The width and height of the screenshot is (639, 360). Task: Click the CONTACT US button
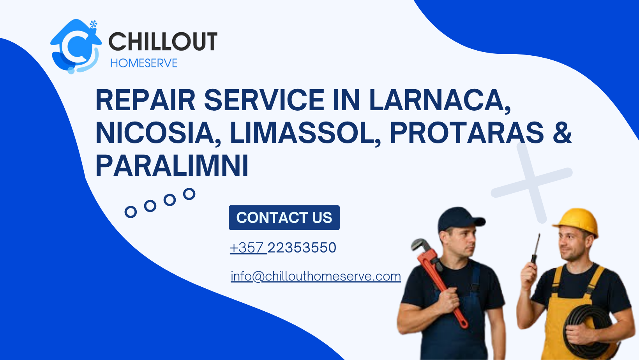pyautogui.click(x=284, y=217)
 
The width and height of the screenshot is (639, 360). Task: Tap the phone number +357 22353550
pyautogui.click(x=283, y=248)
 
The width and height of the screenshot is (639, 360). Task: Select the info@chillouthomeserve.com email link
pyautogui.click(x=316, y=276)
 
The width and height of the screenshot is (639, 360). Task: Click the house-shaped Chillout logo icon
pyautogui.click(x=75, y=46)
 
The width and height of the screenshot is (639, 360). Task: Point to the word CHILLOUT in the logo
pyautogui.click(x=162, y=42)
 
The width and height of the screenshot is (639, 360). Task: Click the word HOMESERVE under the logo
pyautogui.click(x=144, y=63)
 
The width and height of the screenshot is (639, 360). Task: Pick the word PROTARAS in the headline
pyautogui.click(x=466, y=133)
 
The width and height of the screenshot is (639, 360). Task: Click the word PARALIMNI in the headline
pyautogui.click(x=172, y=166)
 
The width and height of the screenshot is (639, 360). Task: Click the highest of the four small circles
pyautogui.click(x=189, y=194)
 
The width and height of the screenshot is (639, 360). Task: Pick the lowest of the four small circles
pyautogui.click(x=131, y=212)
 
